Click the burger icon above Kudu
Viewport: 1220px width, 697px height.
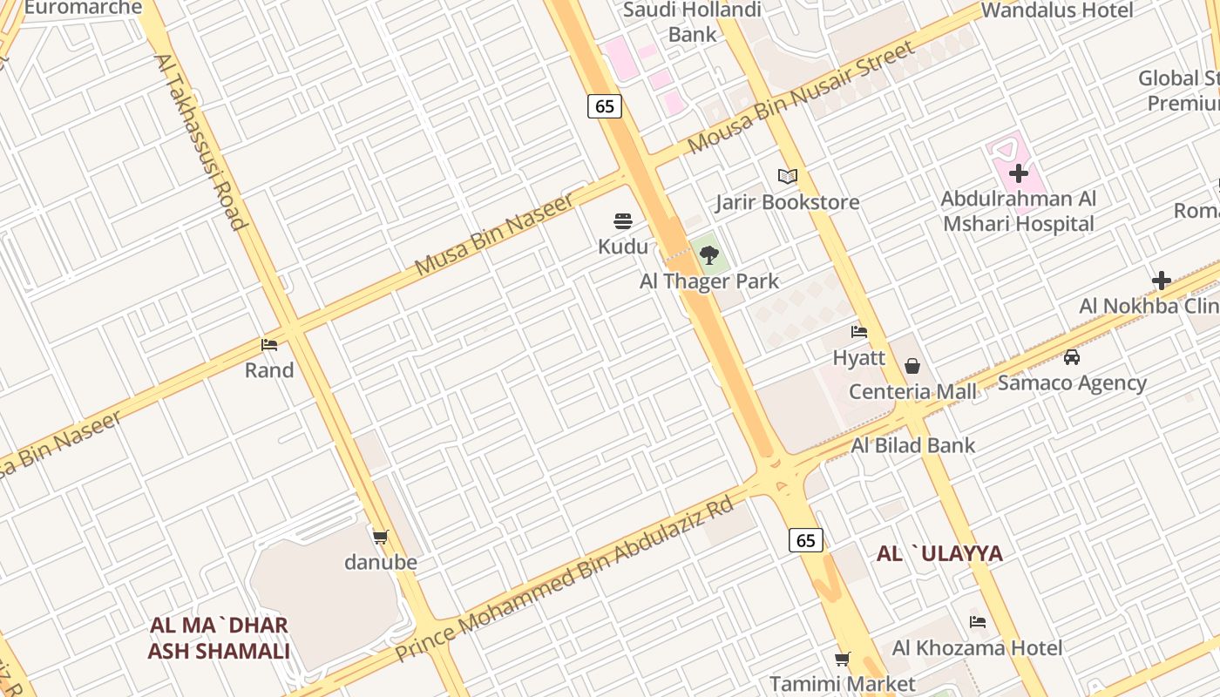tap(622, 221)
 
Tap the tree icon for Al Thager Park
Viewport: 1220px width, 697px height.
tap(709, 255)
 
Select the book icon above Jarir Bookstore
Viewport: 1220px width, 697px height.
tap(788, 176)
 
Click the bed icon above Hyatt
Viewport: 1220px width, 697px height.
tap(859, 332)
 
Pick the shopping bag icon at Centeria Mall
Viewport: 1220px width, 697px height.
tap(912, 366)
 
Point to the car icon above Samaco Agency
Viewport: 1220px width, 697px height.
tap(1072, 357)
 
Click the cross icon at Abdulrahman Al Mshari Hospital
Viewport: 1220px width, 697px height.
tap(1018, 173)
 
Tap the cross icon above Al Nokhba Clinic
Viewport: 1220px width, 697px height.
tap(1161, 281)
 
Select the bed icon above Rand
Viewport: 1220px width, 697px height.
tap(269, 345)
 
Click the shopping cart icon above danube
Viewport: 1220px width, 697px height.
tap(380, 537)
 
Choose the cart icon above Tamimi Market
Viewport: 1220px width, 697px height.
tap(842, 659)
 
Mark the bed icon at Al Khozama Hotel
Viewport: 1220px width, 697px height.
tap(978, 622)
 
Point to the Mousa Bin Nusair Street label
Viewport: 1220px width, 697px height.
tap(801, 97)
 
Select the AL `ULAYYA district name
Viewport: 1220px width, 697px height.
tap(939, 554)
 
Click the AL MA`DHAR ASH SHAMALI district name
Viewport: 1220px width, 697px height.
tap(219, 639)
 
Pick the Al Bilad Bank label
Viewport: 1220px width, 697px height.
tap(913, 446)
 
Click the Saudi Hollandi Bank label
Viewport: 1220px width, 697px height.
tap(693, 23)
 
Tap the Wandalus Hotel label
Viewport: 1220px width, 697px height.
tap(1057, 10)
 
